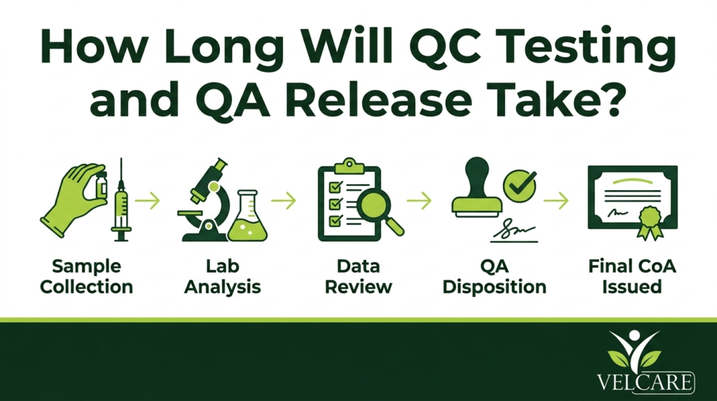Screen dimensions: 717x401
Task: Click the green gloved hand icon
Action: pyautogui.click(x=73, y=198)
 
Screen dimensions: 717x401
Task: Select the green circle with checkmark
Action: pyautogui.click(x=520, y=184)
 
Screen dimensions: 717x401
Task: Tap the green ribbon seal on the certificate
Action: pyautogui.click(x=650, y=222)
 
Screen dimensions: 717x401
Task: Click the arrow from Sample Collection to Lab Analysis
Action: pyautogui.click(x=148, y=200)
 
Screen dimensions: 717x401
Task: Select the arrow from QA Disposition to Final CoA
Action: pyautogui.click(x=556, y=200)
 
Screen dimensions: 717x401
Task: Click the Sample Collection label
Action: pyautogui.click(x=86, y=276)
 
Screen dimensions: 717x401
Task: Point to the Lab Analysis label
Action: pyautogui.click(x=222, y=276)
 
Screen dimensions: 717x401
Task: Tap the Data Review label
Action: pyautogui.click(x=358, y=276)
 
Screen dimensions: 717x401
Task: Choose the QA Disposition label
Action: pyautogui.click(x=494, y=276)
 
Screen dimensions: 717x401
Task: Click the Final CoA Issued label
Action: pyautogui.click(x=632, y=276)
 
